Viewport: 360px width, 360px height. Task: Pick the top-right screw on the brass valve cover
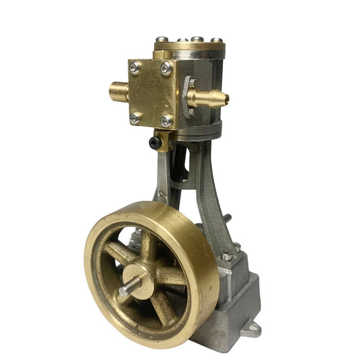tap(166, 68)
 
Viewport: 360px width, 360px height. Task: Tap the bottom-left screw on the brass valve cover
tap(135, 118)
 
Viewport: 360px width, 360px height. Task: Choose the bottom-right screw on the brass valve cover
tap(165, 122)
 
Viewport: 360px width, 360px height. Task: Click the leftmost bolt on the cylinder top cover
tap(161, 39)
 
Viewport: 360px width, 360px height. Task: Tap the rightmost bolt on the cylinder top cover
tap(215, 41)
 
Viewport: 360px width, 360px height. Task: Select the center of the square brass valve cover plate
tap(151, 93)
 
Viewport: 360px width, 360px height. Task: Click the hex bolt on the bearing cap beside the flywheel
tap(226, 256)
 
